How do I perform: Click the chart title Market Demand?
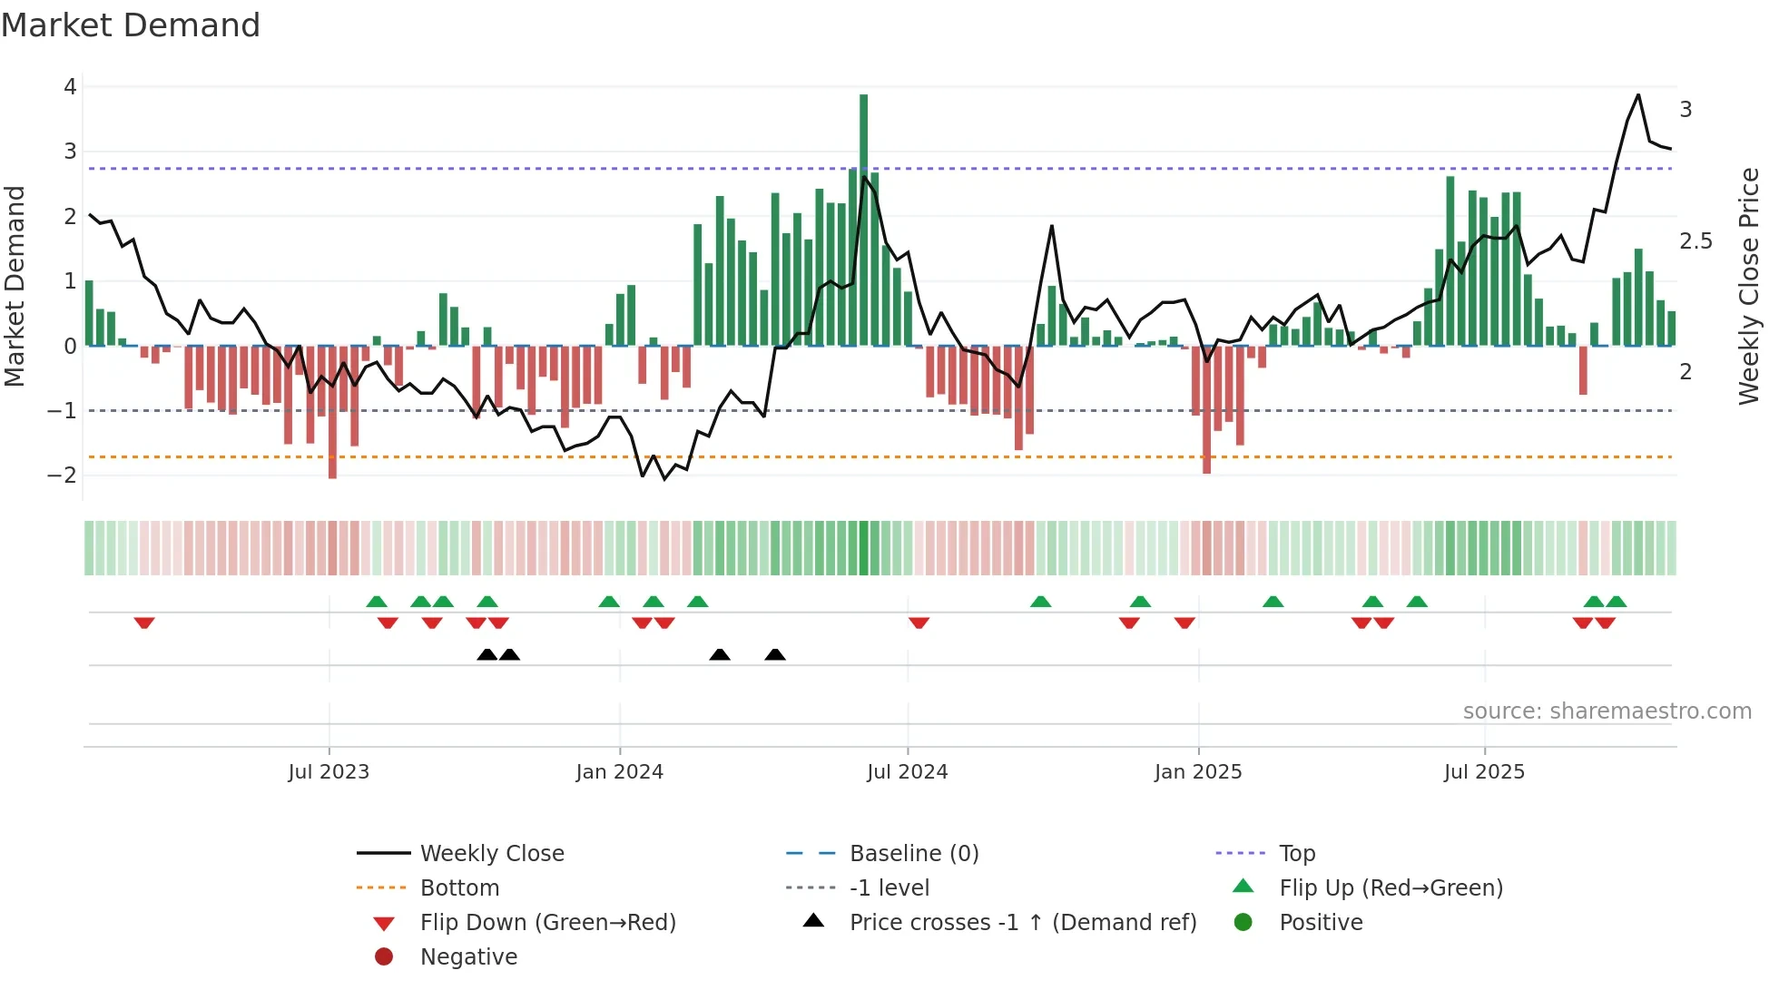pos(131,25)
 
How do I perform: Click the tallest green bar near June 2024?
pos(863,218)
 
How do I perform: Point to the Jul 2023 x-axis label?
pos(329,772)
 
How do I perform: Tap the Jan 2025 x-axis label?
pos(1198,772)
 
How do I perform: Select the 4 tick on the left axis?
pos(70,87)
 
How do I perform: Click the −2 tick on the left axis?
pos(63,475)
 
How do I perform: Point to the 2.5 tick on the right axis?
pos(1695,241)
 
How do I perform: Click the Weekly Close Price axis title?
pos(1748,286)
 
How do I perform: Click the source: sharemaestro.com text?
pos(1607,711)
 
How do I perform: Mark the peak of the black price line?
pos(1638,95)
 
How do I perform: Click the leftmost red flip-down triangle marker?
pos(144,623)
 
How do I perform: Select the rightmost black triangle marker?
pos(775,654)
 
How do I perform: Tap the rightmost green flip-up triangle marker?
pos(1616,601)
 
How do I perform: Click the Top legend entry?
pos(1296,854)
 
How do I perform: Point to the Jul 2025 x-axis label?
pos(1484,772)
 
